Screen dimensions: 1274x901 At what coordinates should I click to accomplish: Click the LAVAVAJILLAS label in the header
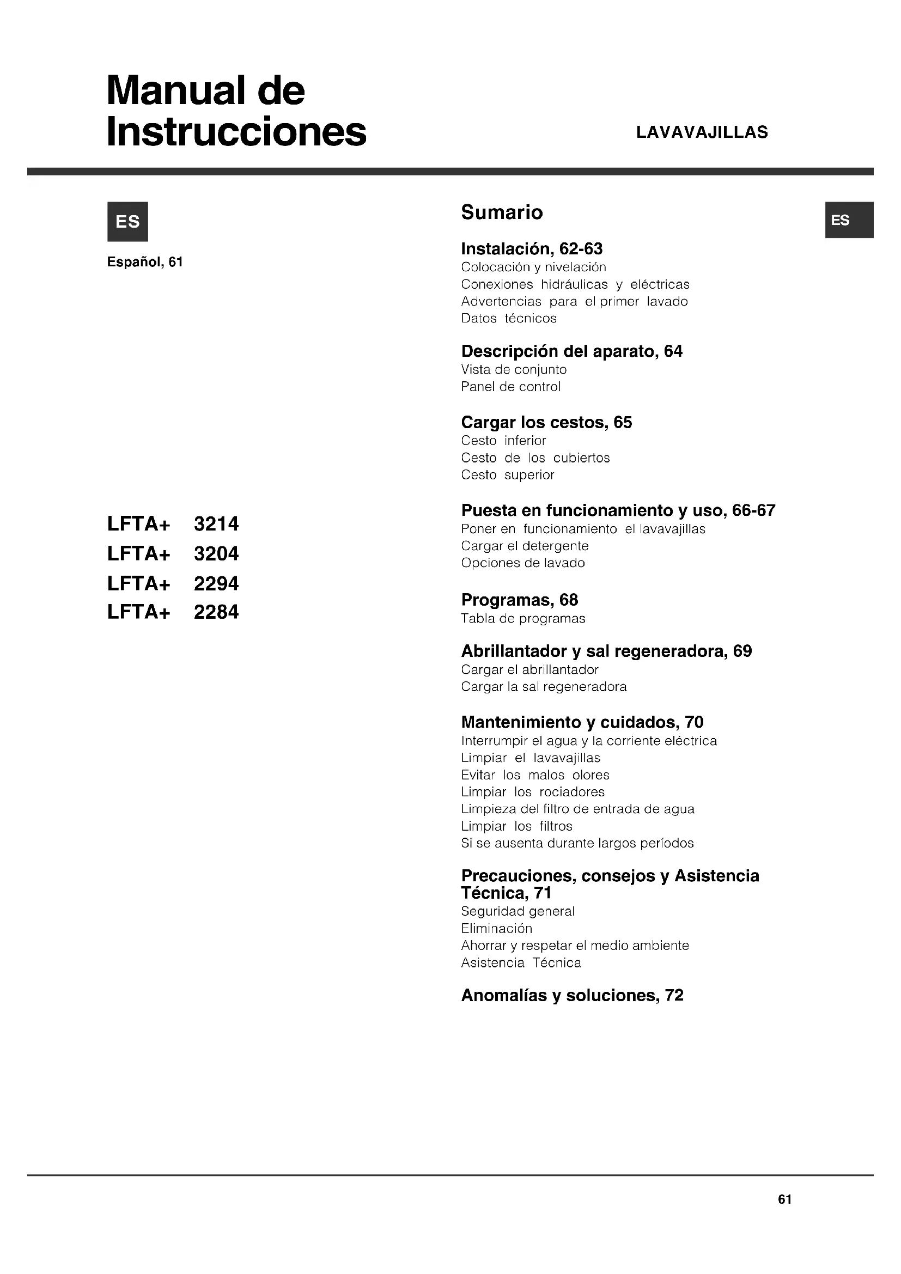tap(702, 132)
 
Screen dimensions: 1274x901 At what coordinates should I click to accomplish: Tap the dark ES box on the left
tap(127, 221)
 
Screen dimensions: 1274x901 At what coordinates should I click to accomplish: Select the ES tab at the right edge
tap(849, 220)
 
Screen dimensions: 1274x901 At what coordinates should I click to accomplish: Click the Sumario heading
tap(502, 212)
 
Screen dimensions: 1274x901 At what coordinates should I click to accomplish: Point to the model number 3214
tap(216, 524)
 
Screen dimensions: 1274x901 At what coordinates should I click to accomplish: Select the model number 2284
tap(216, 612)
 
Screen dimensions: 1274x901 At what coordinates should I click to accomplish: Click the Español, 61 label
tap(145, 262)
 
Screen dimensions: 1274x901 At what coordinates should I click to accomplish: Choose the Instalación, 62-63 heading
tap(532, 248)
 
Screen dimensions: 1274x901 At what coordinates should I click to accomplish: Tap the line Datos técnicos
tap(509, 319)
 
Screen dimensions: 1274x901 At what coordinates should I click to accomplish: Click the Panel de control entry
tap(510, 387)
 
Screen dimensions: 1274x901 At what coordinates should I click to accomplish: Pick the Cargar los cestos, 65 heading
tap(546, 422)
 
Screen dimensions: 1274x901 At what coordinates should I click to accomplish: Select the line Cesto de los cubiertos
tap(535, 458)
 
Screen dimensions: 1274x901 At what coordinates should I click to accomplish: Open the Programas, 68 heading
tap(519, 600)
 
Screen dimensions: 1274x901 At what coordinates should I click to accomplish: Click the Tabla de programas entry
tap(522, 619)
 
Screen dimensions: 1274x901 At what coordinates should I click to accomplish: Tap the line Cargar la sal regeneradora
tap(544, 687)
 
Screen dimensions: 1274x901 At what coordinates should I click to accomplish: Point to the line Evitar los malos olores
tap(535, 775)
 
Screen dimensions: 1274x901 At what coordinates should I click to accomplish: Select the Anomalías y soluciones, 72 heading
tap(572, 996)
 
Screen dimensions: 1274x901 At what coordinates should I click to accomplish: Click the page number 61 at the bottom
tap(784, 1199)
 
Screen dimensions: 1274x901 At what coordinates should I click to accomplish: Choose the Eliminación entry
tap(497, 929)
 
